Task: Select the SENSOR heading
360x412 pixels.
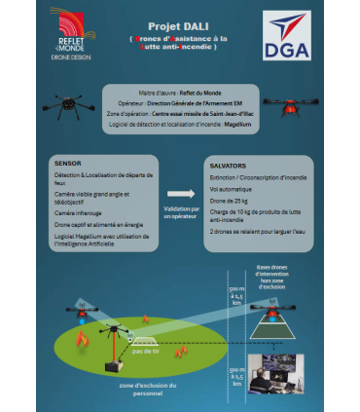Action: pyautogui.click(x=68, y=163)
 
